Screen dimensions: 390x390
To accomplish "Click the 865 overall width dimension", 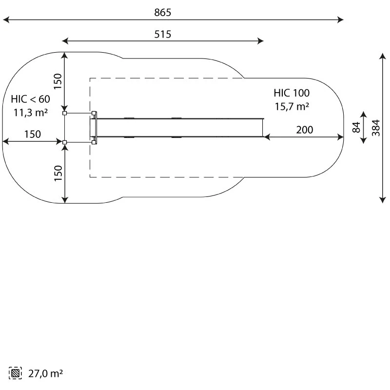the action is tap(163, 13).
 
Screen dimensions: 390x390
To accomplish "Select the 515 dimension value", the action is tap(163, 34).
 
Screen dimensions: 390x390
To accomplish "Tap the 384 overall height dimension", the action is tap(376, 128).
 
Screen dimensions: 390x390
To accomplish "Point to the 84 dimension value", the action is tap(356, 127).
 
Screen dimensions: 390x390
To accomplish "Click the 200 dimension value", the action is tap(304, 130).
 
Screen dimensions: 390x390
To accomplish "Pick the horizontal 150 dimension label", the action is tap(33, 135).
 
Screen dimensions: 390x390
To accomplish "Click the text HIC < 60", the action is tap(30, 99).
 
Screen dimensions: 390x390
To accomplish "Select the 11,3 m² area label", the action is tap(30, 113).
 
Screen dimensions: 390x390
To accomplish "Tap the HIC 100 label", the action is tap(292, 93).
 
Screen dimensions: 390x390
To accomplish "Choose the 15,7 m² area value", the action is tap(292, 106).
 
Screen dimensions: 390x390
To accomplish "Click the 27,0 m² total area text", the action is tap(45, 373).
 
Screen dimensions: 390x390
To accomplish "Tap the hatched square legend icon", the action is tap(15, 373).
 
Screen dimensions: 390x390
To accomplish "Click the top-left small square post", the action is tap(65, 113).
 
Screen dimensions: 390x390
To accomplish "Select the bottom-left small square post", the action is tap(65, 142).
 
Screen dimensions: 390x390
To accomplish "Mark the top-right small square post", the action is tap(94, 113).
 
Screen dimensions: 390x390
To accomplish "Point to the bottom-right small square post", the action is tap(94, 142).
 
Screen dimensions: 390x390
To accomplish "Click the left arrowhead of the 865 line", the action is tap(6, 19).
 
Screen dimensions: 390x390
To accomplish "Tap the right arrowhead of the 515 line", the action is tap(260, 41).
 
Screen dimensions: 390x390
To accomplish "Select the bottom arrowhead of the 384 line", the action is tap(383, 200).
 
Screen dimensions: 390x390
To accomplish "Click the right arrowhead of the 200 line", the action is tap(340, 137).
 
